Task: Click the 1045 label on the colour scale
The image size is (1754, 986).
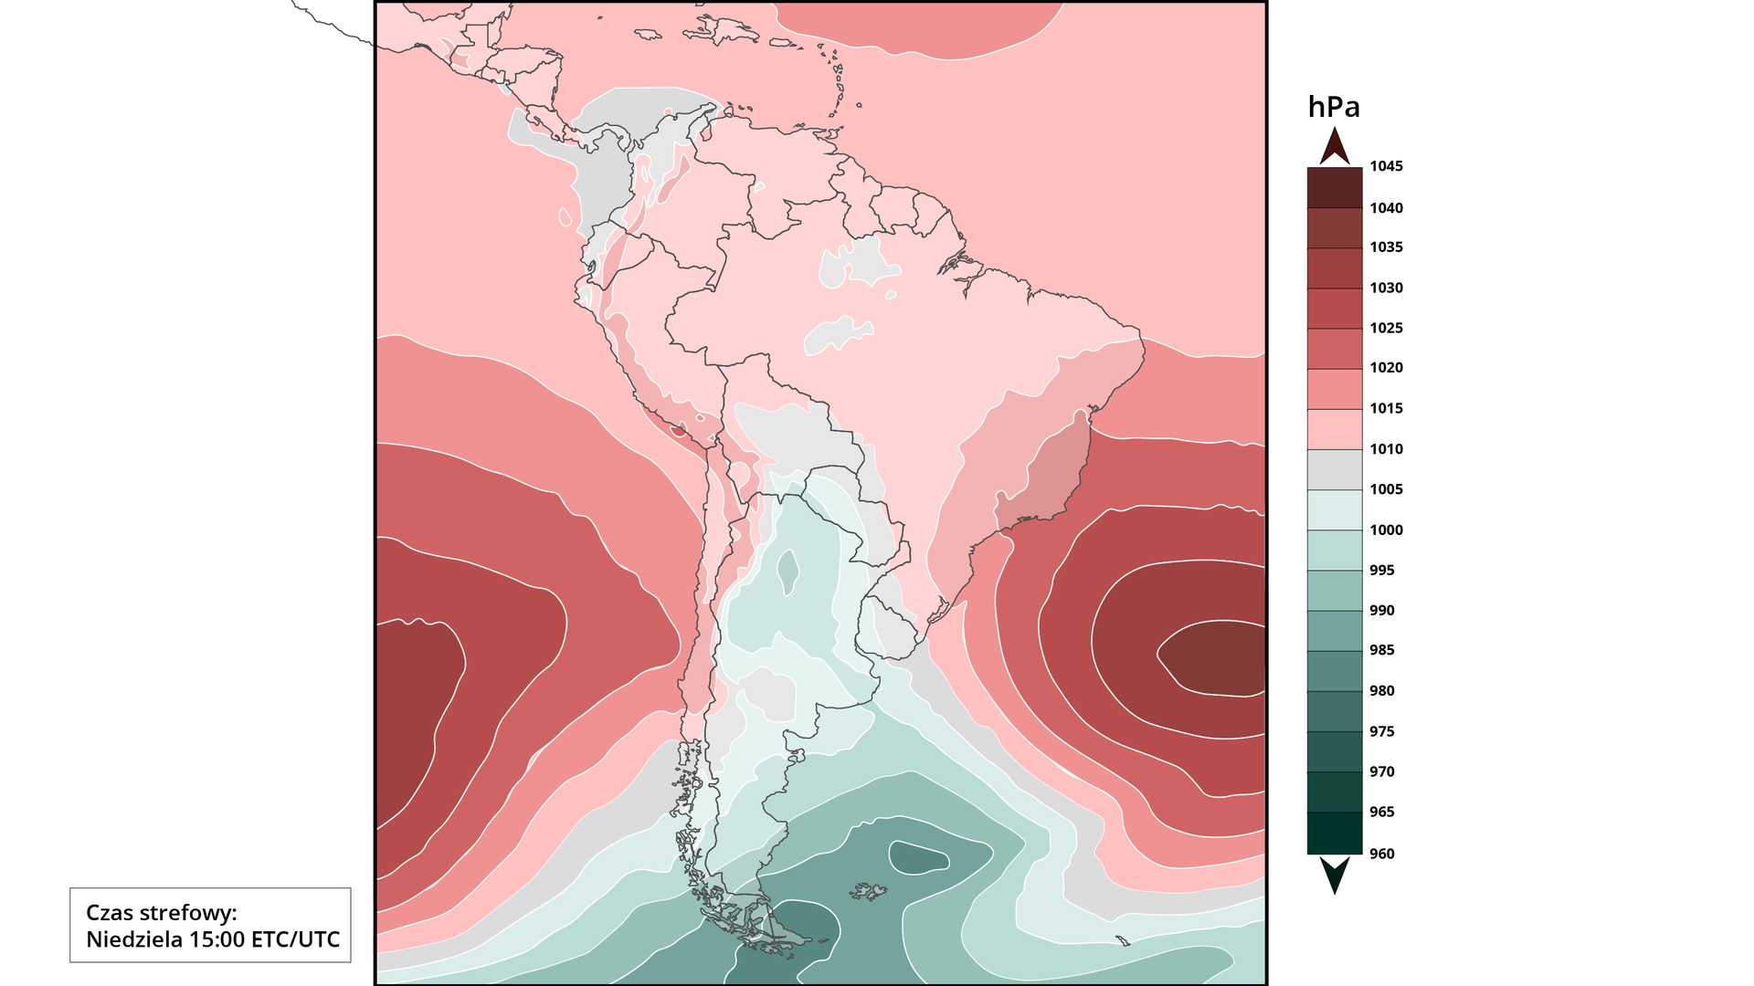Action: [x=1385, y=166]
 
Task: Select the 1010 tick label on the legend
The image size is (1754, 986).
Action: [x=1385, y=448]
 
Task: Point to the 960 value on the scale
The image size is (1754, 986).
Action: [x=1381, y=854]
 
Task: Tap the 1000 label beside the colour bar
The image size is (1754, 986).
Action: [x=1385, y=530]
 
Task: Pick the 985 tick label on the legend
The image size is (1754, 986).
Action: [x=1381, y=650]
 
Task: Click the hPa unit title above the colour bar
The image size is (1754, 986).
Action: [x=1334, y=108]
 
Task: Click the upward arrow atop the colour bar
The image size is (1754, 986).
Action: [x=1335, y=146]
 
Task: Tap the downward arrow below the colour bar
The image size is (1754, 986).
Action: [x=1335, y=875]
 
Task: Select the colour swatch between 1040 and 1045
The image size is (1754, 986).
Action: [x=1335, y=187]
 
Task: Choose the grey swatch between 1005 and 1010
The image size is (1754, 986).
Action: [x=1335, y=469]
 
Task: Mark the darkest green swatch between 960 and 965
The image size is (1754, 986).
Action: [x=1335, y=833]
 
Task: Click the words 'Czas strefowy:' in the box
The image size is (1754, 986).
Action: [x=161, y=912]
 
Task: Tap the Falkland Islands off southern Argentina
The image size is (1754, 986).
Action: [x=869, y=891]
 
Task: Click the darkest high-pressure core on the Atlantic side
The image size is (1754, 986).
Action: [x=1215, y=657]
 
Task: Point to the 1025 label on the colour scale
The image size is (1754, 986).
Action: [x=1385, y=328]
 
